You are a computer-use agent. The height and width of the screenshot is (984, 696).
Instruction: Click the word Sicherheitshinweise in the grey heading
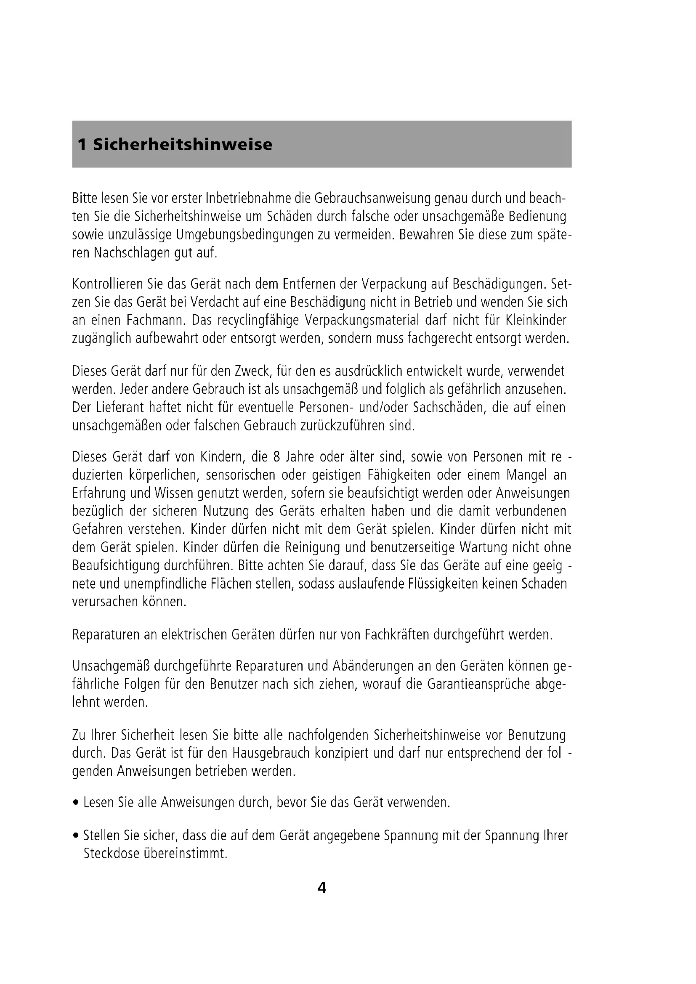tap(183, 145)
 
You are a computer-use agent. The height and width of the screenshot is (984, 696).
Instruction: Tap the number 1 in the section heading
tap(82, 145)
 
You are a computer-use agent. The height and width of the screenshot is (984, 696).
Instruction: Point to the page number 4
tap(321, 888)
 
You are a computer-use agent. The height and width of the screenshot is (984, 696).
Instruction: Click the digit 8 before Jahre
tap(276, 457)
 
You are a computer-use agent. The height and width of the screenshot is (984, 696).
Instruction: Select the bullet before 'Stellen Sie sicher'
tap(76, 836)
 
